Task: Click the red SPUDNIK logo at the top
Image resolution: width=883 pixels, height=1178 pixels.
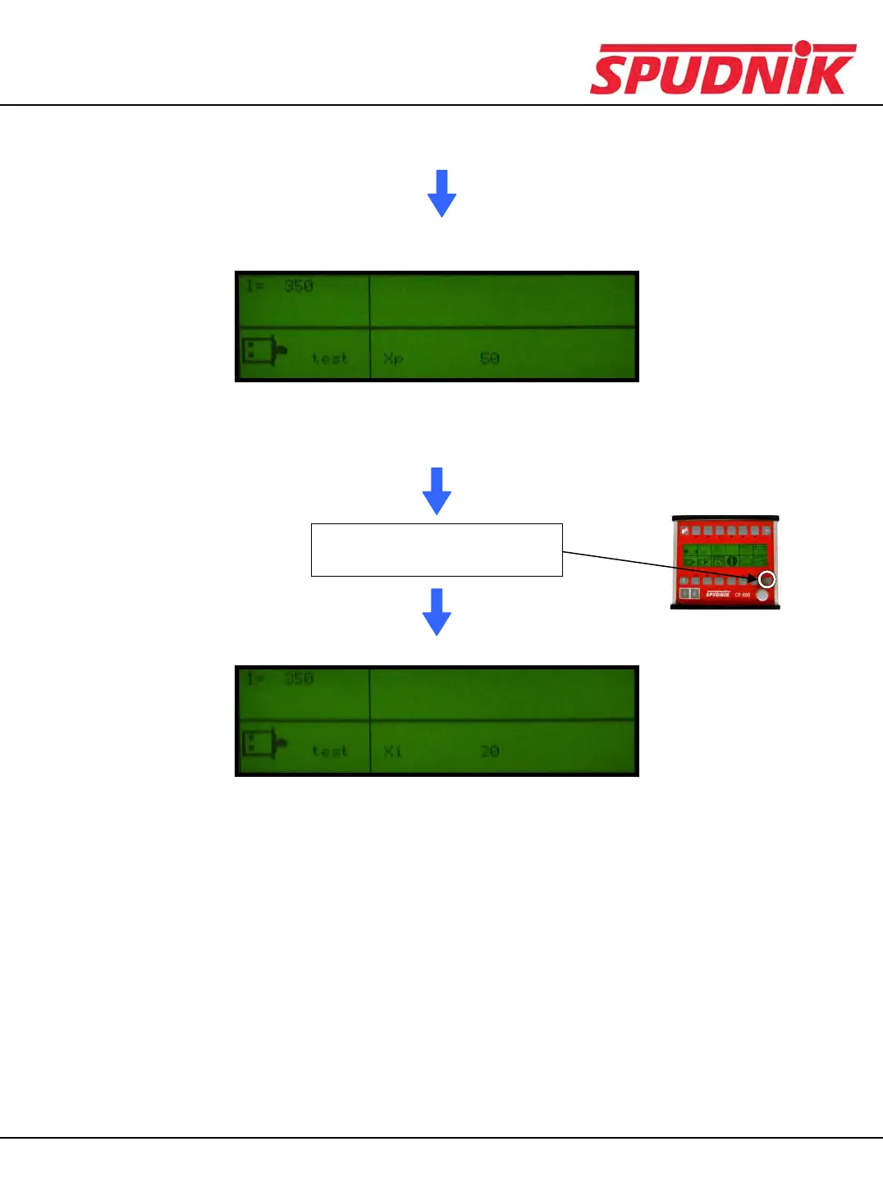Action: (x=722, y=69)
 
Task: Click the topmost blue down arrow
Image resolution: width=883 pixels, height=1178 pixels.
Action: (x=441, y=194)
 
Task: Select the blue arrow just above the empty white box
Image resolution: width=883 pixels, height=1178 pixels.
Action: (x=437, y=491)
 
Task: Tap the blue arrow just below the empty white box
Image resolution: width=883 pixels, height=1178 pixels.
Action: (x=437, y=611)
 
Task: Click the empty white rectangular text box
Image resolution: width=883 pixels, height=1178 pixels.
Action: (x=437, y=550)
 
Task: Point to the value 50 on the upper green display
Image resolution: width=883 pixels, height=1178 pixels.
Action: (x=490, y=358)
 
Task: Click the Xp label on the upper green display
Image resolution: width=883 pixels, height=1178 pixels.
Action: (x=393, y=358)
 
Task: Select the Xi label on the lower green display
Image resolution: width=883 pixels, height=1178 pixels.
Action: (x=393, y=751)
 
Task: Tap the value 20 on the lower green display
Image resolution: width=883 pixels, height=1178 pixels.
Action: (x=490, y=751)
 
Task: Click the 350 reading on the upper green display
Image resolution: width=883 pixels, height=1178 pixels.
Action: (x=299, y=286)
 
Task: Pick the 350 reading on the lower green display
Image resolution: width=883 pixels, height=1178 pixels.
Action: (x=299, y=679)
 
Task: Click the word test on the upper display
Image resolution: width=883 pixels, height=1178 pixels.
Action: (x=330, y=358)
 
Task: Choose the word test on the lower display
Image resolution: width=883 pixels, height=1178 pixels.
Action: (x=330, y=751)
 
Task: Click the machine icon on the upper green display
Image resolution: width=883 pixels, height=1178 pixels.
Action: (x=263, y=351)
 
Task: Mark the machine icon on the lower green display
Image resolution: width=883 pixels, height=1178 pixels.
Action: (x=263, y=744)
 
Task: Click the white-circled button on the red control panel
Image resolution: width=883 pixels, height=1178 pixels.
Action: (x=766, y=580)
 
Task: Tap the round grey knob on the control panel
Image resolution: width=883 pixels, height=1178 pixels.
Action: (x=763, y=596)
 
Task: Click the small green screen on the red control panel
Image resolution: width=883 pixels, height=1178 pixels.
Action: (x=725, y=555)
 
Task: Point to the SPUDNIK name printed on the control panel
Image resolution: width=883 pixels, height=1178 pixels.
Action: (x=718, y=594)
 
